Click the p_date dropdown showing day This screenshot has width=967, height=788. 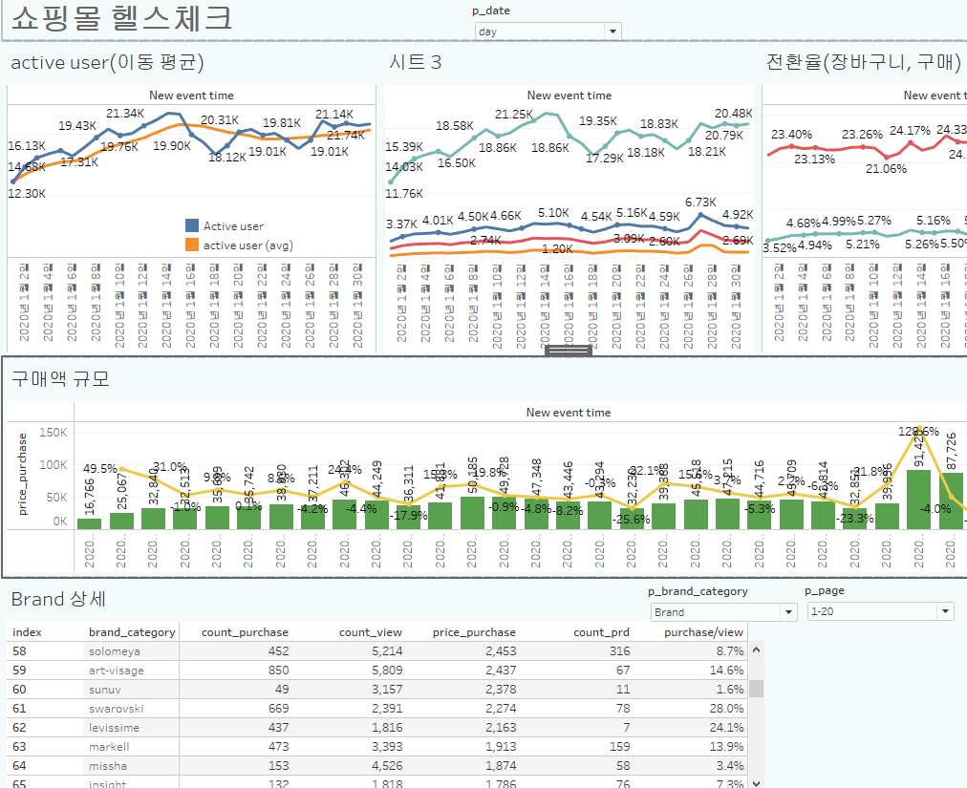pyautogui.click(x=547, y=32)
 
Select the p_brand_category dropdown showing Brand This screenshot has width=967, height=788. pyautogui.click(x=722, y=612)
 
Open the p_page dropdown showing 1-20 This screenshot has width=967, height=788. pyautogui.click(x=879, y=612)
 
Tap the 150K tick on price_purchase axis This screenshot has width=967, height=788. pyautogui.click(x=53, y=433)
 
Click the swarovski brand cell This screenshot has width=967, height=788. pyautogui.click(x=116, y=708)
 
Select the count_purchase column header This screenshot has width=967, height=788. pyautogui.click(x=245, y=632)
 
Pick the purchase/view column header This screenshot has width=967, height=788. pyautogui.click(x=703, y=632)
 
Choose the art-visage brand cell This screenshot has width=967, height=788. pyautogui.click(x=117, y=670)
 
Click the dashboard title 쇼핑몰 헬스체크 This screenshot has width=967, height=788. pyautogui.click(x=120, y=18)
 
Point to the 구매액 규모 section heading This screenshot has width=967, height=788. pyautogui.click(x=60, y=378)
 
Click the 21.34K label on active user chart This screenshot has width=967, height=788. pyautogui.click(x=125, y=113)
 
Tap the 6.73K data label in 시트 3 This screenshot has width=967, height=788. pyautogui.click(x=700, y=202)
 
